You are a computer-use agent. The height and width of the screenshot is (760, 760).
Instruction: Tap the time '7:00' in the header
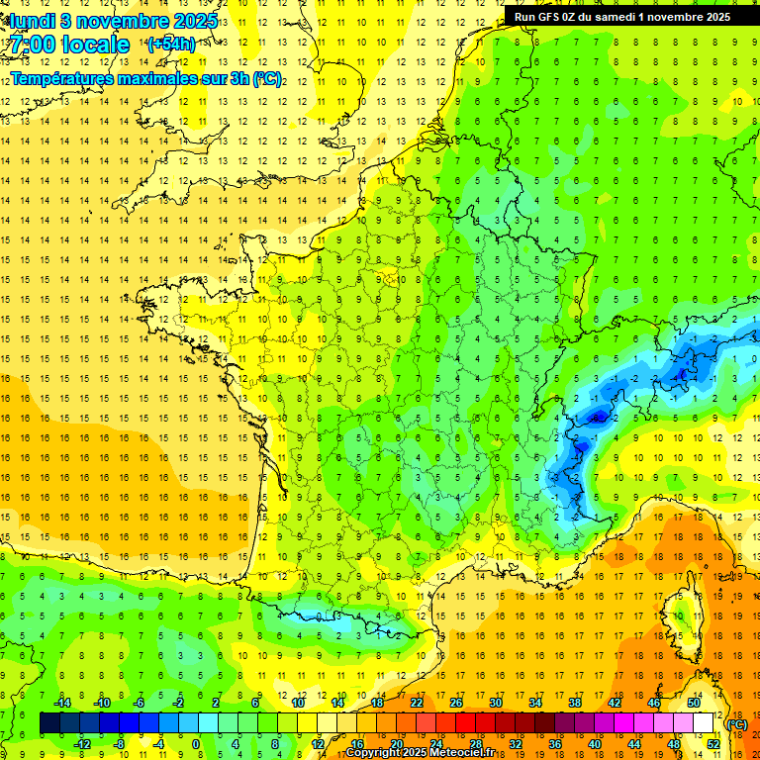(34, 45)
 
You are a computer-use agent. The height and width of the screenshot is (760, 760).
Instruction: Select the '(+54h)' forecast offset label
(171, 45)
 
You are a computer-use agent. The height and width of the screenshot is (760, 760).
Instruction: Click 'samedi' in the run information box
(613, 17)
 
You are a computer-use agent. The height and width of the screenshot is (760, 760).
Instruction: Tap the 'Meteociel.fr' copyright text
(465, 753)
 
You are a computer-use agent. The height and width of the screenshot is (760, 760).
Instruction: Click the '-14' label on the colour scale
(62, 703)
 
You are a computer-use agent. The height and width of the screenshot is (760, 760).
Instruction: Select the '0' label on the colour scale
(196, 744)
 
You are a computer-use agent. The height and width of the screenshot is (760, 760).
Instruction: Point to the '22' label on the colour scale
(417, 703)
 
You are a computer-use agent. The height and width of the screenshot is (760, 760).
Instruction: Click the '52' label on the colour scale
(712, 744)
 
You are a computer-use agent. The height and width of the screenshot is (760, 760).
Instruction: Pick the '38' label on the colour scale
(575, 703)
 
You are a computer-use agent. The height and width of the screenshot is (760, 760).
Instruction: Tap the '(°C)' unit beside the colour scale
(736, 724)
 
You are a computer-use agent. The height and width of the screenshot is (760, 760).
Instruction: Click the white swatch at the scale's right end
(704, 723)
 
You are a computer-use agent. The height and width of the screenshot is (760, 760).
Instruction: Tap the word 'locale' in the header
(95, 45)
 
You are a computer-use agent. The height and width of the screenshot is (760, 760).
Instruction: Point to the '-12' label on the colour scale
(82, 744)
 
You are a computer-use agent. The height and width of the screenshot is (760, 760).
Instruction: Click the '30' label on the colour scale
(496, 703)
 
